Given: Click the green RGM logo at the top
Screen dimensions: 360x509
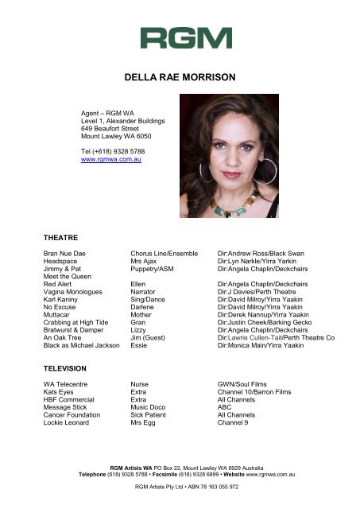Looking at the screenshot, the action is (x=185, y=37).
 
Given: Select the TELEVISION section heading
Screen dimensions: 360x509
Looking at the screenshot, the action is (x=66, y=370).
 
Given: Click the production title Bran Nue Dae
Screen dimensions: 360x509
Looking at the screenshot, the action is (x=64, y=253).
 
